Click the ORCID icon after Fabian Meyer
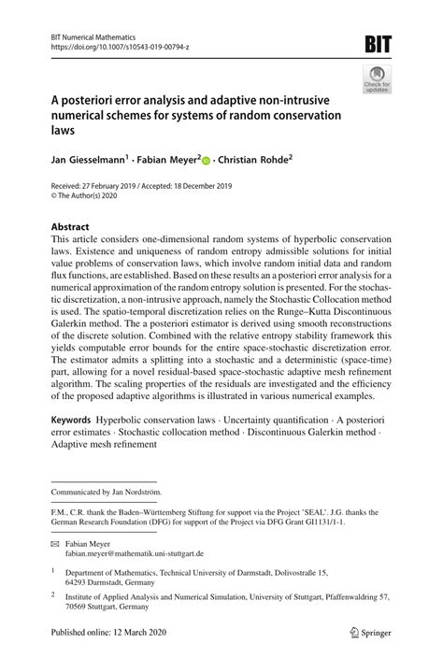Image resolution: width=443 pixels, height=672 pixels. pos(207,161)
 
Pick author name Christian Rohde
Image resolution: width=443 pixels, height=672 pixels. pos(252,161)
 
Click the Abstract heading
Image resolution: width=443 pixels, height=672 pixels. pos(69,227)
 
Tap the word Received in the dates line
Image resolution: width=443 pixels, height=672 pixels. pos(66,187)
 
